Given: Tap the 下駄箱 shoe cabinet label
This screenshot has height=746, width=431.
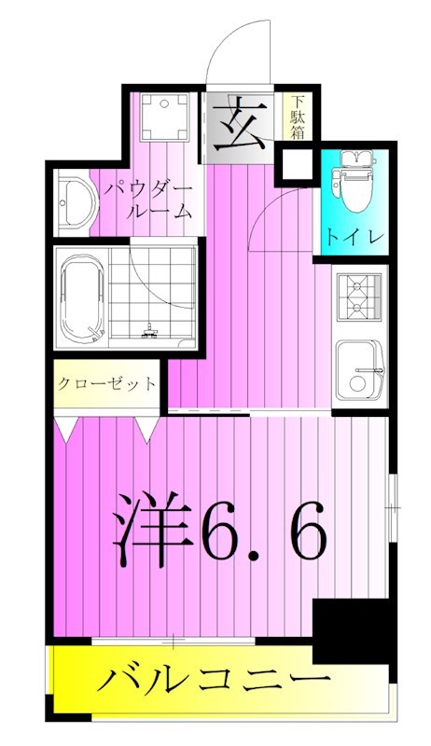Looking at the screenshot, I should [x=296, y=118].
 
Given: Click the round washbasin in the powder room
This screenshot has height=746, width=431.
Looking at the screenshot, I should [x=72, y=204].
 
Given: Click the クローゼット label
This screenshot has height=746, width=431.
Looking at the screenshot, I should [x=105, y=384].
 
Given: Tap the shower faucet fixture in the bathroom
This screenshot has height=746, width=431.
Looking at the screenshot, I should [x=149, y=327].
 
